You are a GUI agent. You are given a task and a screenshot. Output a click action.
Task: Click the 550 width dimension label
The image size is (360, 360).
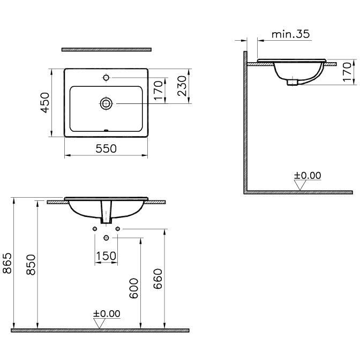(x=106, y=148)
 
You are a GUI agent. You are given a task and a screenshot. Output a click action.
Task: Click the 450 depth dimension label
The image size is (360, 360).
(x=45, y=103)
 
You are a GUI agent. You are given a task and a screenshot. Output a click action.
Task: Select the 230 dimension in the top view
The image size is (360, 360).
(x=182, y=86)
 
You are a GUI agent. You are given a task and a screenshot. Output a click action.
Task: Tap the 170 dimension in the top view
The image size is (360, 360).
(x=159, y=91)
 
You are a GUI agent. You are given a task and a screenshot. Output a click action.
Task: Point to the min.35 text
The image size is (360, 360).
(x=291, y=34)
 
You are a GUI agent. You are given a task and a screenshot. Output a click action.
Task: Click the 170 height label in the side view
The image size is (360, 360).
(x=347, y=72)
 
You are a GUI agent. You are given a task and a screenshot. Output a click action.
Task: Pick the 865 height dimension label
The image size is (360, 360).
(x=7, y=263)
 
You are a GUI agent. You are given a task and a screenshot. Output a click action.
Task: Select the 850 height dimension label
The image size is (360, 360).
(x=31, y=265)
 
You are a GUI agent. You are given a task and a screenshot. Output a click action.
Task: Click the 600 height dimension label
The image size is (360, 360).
(x=133, y=288)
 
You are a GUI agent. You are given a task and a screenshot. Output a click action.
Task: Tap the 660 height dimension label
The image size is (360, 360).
(x=157, y=279)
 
